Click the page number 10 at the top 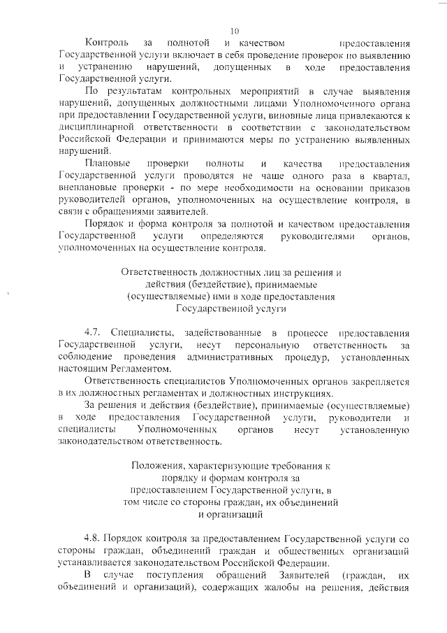pyautogui.click(x=234, y=30)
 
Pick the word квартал pyautogui.click(x=389, y=176)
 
